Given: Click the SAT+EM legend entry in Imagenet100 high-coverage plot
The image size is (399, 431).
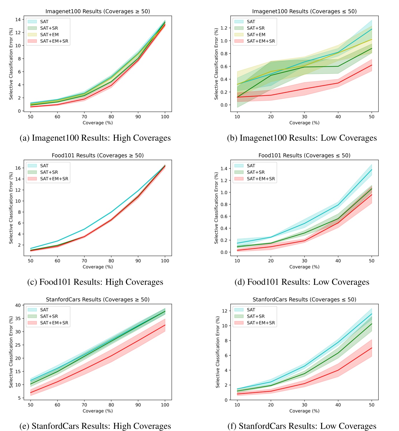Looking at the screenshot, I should pyautogui.click(x=49, y=35).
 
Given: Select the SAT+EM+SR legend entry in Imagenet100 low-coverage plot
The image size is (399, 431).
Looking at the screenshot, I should pyautogui.click(x=261, y=41).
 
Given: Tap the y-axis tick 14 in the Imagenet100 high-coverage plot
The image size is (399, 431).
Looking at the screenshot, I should pyautogui.click(x=18, y=19).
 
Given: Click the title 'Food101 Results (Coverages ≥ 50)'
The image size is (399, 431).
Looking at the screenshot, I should pyautogui.click(x=97, y=155).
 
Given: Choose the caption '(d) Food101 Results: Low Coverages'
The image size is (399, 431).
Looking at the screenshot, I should pyautogui.click(x=302, y=282).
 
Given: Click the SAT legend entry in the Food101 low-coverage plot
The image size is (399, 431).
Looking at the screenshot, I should pyautogui.click(x=251, y=166).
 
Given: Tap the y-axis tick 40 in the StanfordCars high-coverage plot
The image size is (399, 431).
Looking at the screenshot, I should pyautogui.click(x=18, y=305).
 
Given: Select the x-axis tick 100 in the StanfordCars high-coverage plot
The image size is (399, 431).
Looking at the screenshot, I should pyautogui.click(x=165, y=405).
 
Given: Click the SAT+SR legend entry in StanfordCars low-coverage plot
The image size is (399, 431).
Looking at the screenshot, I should pyautogui.click(x=256, y=316).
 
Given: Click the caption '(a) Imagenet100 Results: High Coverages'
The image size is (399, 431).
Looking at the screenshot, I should pyautogui.click(x=95, y=138).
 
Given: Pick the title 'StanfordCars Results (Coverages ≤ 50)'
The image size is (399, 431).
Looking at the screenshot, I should pyautogui.click(x=304, y=300).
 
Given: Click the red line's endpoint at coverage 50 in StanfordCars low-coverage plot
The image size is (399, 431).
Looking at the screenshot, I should pyautogui.click(x=372, y=348).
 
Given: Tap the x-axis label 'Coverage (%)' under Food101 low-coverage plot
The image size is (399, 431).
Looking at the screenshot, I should pyautogui.click(x=304, y=267).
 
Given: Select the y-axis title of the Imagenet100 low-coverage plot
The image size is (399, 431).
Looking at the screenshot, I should pyautogui.click(x=216, y=64).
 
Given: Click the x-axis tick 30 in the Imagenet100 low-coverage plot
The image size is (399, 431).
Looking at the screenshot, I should pyautogui.click(x=304, y=117).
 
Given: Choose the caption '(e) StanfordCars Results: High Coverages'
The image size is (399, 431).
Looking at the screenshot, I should pyautogui.click(x=95, y=426).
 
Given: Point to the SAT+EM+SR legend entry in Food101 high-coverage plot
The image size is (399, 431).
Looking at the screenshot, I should pyautogui.click(x=54, y=179).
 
